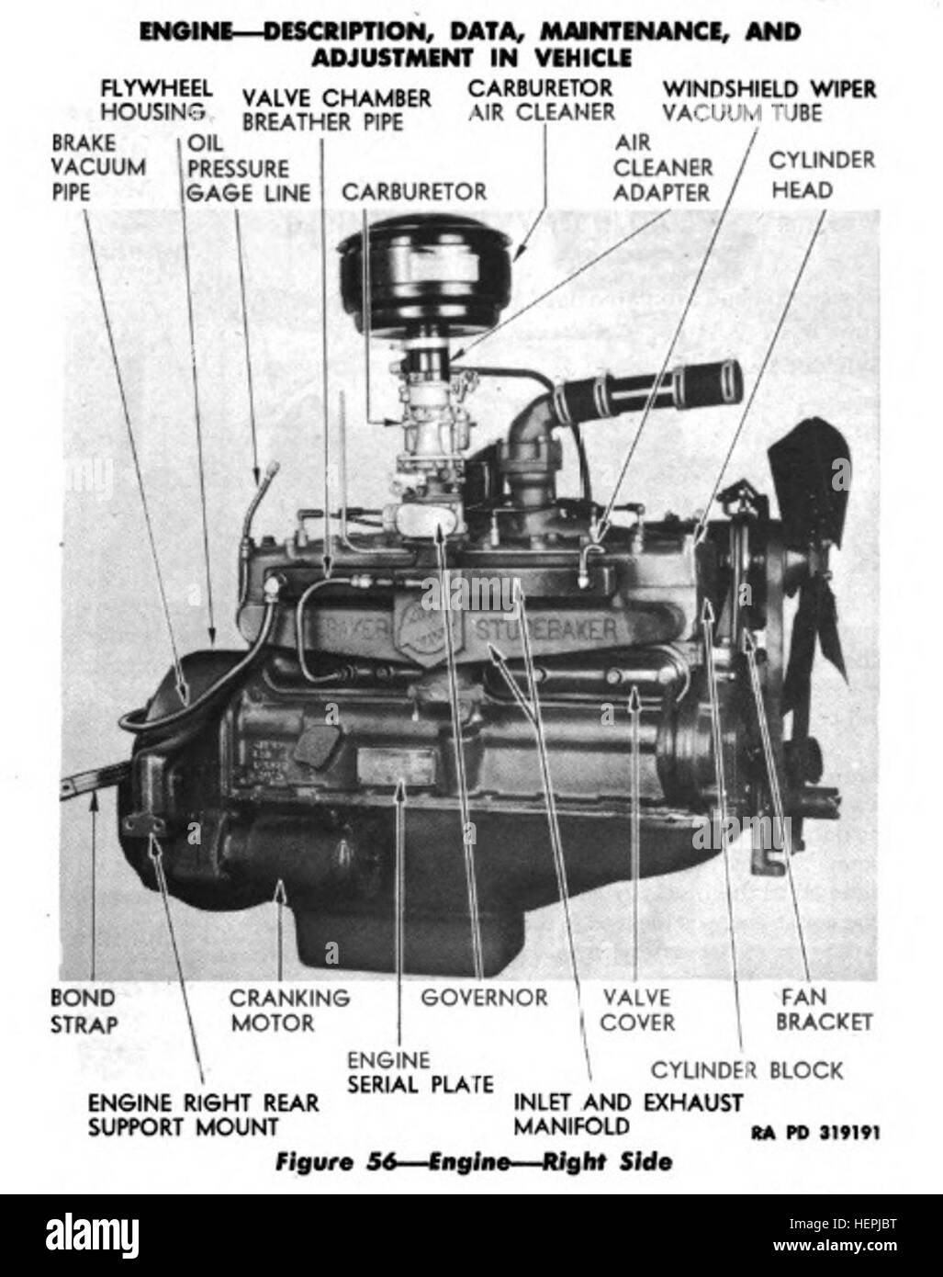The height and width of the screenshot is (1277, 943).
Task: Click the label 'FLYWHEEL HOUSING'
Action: click(155, 100)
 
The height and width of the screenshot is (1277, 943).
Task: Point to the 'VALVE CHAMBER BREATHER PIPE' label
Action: click(336, 109)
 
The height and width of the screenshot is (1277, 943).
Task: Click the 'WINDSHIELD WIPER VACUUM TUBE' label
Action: click(769, 100)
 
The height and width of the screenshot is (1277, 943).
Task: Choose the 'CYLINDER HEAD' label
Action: click(821, 175)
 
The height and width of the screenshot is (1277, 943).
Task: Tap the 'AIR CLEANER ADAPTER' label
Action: click(662, 168)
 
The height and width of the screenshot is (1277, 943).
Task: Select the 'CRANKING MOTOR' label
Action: click(289, 1009)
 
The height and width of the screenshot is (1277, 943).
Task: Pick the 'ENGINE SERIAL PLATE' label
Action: click(420, 1072)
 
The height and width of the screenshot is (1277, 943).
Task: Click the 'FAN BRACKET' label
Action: click(823, 1009)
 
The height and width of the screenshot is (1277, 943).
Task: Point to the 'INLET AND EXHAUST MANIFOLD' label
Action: click(627, 1113)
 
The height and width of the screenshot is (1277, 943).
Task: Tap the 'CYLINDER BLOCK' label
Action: click(746, 1069)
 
